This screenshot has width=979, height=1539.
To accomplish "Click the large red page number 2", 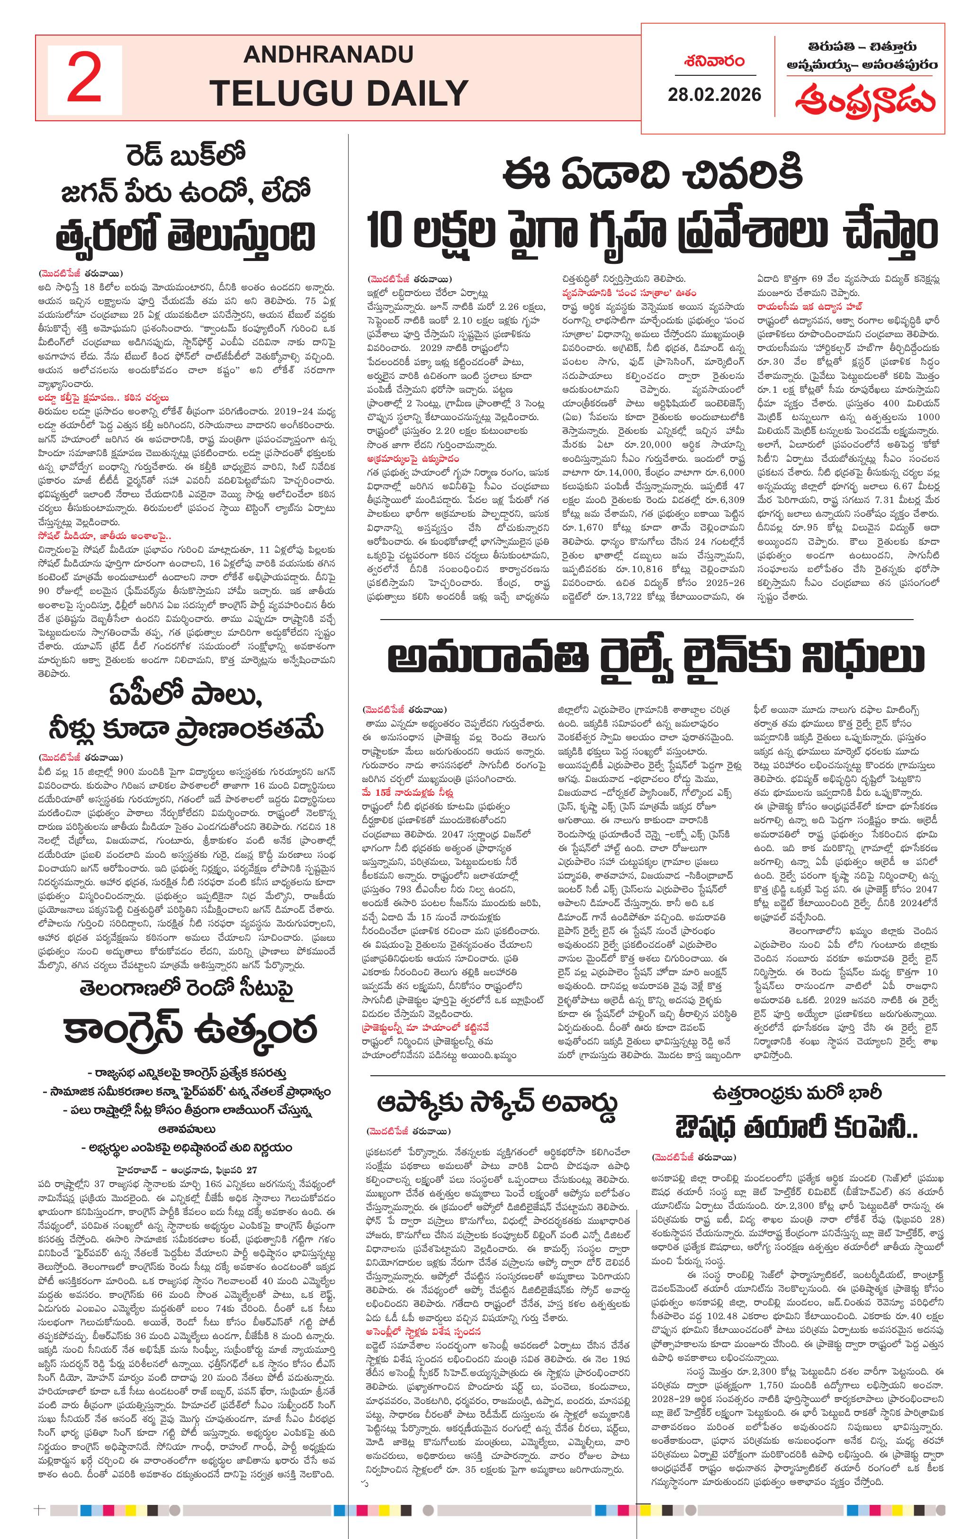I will tap(84, 79).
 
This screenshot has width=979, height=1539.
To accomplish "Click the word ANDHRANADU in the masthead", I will tap(328, 54).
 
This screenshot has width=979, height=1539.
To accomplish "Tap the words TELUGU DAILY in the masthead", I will tap(339, 93).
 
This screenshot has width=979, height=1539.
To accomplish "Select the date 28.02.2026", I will tap(714, 95).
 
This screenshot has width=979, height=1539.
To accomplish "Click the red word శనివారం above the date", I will tap(714, 62).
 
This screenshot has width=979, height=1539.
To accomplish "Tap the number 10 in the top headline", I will tap(386, 231).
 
